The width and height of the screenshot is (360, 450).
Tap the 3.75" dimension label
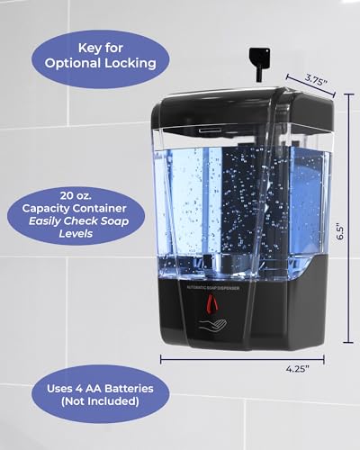click(x=316, y=80)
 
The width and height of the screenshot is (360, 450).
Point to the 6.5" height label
click(x=340, y=230)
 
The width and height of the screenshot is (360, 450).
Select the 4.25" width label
click(x=297, y=369)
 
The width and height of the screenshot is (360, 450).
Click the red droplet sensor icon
click(x=212, y=302)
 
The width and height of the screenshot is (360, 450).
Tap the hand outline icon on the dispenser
click(x=212, y=326)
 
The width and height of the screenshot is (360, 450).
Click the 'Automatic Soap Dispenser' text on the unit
click(x=213, y=288)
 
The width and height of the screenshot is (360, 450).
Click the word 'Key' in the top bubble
click(x=88, y=49)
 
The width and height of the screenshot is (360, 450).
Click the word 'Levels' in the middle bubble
click(x=76, y=233)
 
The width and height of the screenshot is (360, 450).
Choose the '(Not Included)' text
click(x=100, y=401)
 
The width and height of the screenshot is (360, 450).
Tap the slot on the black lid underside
click(x=209, y=130)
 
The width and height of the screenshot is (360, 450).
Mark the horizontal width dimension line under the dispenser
click(x=242, y=359)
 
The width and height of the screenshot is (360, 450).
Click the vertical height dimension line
click(x=348, y=218)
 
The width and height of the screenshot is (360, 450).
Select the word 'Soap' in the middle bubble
click(x=114, y=221)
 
